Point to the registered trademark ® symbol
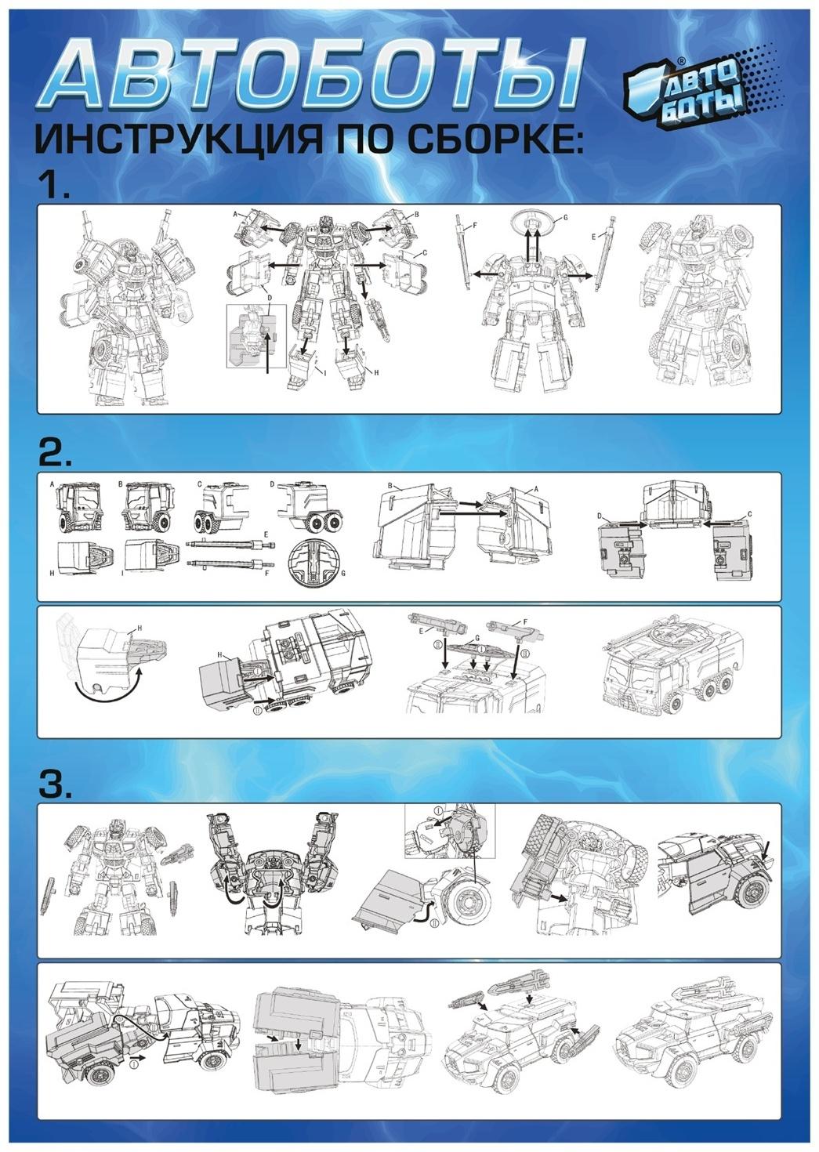point(682,60)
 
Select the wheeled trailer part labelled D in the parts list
point(308,507)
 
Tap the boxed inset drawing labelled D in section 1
point(256,335)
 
